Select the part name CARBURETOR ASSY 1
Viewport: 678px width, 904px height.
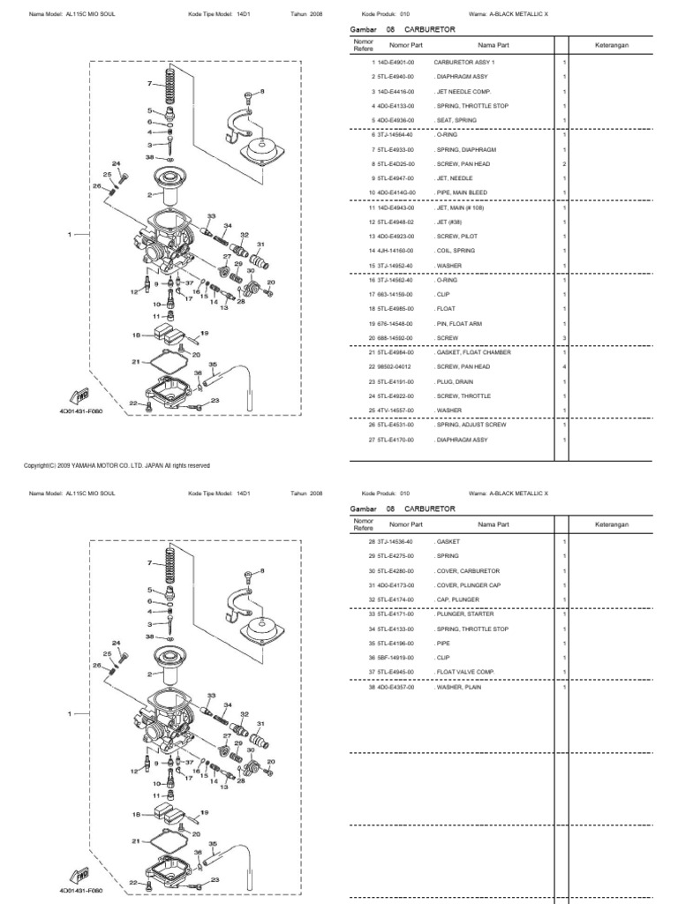click(x=463, y=63)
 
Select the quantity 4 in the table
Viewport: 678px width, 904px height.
click(x=563, y=367)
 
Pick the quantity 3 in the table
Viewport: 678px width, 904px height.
click(x=563, y=337)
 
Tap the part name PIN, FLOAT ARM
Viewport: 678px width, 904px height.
click(x=457, y=323)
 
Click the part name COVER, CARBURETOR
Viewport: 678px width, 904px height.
click(x=464, y=570)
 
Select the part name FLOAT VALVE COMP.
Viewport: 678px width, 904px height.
click(x=463, y=672)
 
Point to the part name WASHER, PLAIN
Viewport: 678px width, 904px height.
click(x=457, y=687)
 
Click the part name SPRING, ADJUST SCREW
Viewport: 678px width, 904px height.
click(x=468, y=425)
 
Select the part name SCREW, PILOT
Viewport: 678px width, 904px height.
click(x=455, y=237)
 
